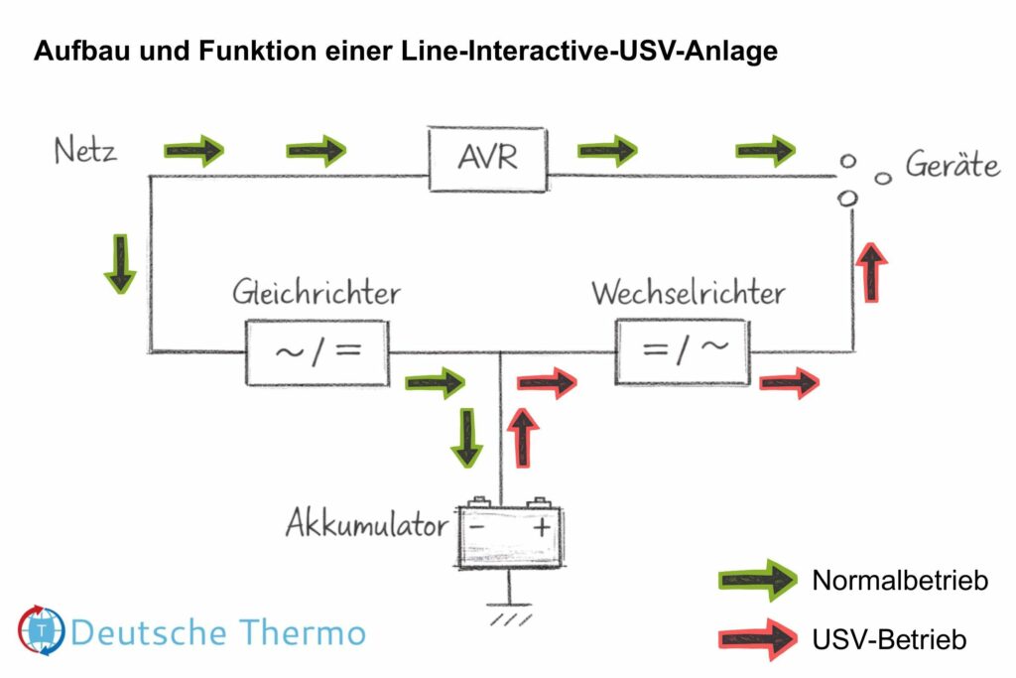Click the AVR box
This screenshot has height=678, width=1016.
(487, 158)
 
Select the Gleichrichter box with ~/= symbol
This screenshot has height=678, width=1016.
(317, 352)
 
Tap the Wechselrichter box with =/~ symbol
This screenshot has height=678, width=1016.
(682, 352)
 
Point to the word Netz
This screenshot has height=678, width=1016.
(85, 152)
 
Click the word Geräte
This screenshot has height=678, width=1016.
(952, 166)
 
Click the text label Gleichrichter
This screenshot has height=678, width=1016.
(317, 293)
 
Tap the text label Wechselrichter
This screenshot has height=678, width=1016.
(688, 293)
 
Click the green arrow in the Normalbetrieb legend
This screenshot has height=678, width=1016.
(756, 581)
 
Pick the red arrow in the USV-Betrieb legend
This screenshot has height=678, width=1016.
(756, 638)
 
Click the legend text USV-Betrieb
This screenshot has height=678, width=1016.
(889, 639)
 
